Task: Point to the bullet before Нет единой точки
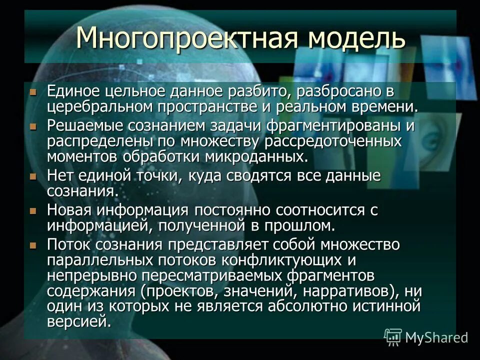point(33,176)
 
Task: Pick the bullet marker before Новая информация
point(33,211)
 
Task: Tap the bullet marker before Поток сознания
point(33,245)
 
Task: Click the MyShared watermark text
point(436,337)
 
